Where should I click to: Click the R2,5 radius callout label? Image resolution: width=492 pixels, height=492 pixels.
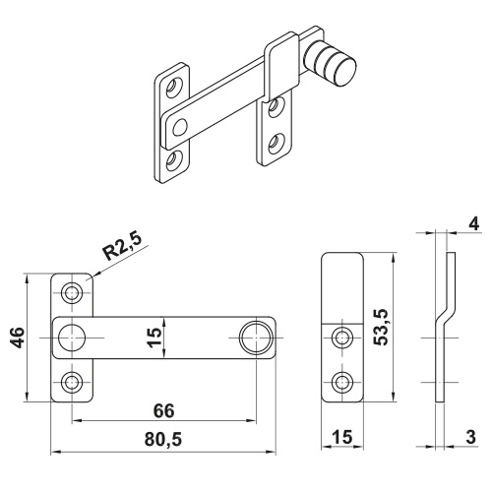point(122,248)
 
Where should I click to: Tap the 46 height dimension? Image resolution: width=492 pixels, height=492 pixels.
point(17,338)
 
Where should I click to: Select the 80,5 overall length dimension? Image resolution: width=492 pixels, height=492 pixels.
point(163,440)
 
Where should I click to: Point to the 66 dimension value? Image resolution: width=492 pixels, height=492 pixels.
point(164,410)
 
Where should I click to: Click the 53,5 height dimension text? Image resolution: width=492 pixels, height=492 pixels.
point(381,327)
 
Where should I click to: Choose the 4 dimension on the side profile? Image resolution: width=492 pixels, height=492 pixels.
point(474,224)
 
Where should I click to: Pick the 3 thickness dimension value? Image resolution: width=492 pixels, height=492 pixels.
point(470,437)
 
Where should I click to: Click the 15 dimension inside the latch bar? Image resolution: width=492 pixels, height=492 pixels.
point(154,338)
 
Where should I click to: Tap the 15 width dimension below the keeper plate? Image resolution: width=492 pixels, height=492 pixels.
point(342,437)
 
